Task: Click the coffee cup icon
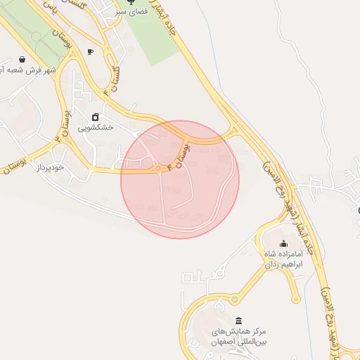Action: click(89, 52)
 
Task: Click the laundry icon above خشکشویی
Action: click(94, 117)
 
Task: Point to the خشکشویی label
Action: click(94, 128)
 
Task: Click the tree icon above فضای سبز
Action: click(129, 2)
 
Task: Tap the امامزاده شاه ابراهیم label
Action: click(283, 259)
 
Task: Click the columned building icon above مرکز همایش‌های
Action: click(238, 320)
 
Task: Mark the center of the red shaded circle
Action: click(180, 179)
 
